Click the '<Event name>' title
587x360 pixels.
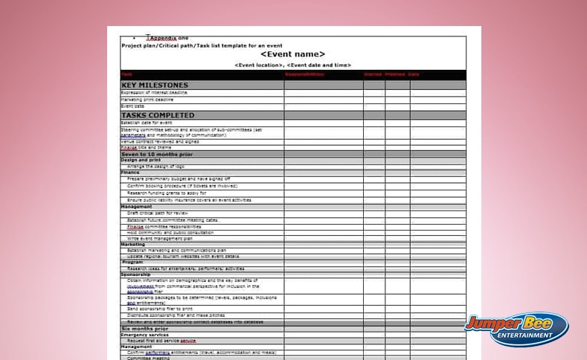292,54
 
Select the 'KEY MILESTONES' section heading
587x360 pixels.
154,86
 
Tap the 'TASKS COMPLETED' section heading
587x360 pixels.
157,115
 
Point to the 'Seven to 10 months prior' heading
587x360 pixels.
156,154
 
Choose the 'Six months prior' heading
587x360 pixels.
144,328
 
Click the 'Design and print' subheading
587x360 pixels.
141,160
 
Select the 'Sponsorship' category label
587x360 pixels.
135,274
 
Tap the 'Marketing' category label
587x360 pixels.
133,244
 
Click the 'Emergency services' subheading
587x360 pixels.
144,335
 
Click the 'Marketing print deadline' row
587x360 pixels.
147,99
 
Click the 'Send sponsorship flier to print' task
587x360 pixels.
160,308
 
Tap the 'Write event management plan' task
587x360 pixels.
160,238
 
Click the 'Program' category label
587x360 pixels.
132,262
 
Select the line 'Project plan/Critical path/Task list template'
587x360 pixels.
202,45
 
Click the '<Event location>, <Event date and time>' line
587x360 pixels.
292,65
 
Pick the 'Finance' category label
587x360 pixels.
130,173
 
